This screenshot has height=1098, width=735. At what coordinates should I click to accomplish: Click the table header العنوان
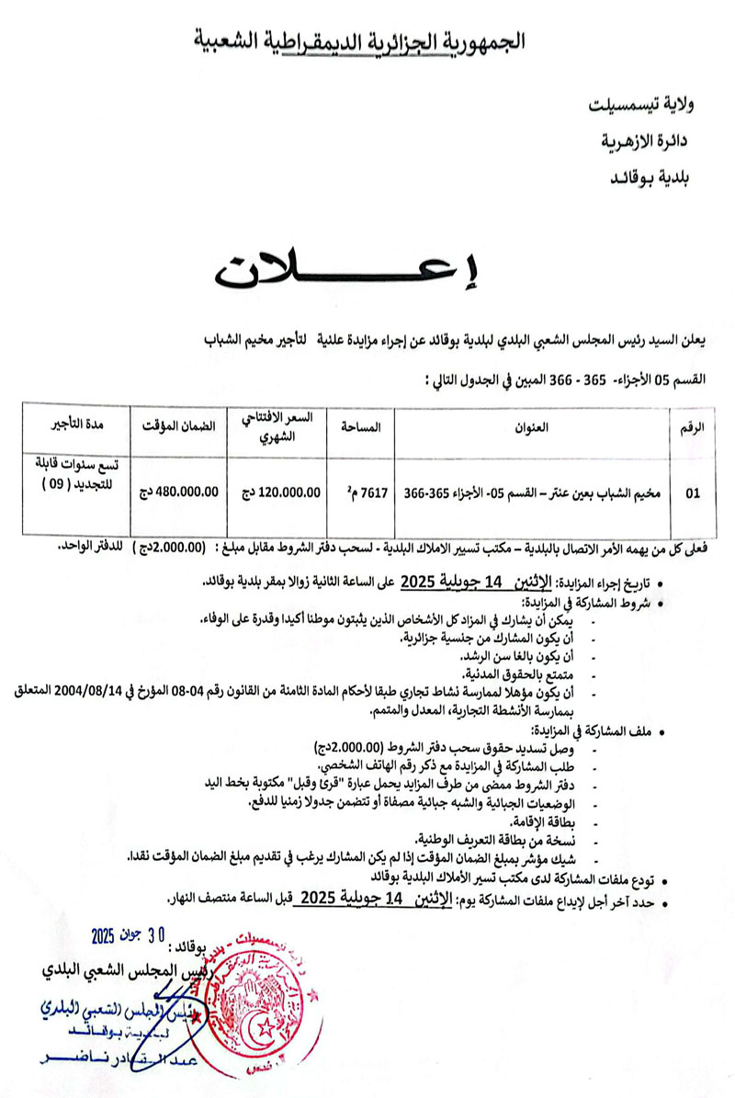533,427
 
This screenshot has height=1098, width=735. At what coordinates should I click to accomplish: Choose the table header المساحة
361,427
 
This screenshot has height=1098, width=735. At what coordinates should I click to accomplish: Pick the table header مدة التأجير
77,427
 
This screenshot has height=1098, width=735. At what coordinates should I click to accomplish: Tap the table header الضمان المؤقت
178,427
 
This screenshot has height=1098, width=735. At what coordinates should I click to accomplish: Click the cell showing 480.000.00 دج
178,492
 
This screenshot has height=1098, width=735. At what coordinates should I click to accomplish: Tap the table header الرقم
695,427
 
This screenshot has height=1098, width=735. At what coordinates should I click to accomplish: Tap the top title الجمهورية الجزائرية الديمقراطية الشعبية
364,40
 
